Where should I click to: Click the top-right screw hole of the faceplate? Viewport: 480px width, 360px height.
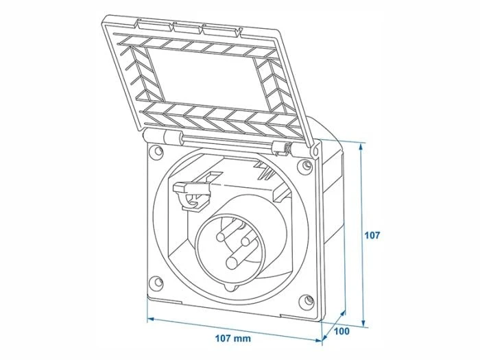coord(304,164)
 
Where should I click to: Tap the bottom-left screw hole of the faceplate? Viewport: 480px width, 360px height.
coord(156,281)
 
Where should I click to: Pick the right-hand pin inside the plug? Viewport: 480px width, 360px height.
coord(248,243)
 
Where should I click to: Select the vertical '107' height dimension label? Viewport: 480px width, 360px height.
coord(372,235)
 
